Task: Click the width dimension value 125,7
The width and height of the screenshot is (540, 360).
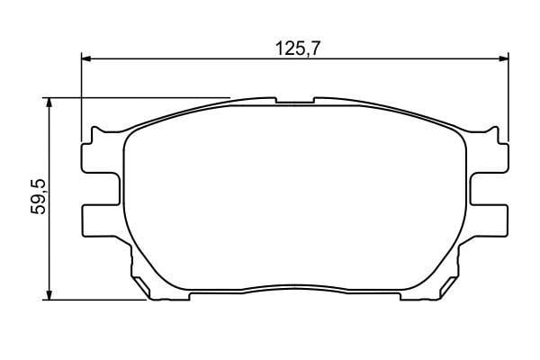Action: pos(298,49)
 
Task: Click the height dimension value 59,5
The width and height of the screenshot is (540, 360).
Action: pos(39,197)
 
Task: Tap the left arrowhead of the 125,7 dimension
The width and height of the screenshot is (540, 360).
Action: pos(86,58)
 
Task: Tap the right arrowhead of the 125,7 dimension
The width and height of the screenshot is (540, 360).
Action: pos(504,58)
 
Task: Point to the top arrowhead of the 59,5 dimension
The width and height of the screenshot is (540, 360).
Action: pos(49,103)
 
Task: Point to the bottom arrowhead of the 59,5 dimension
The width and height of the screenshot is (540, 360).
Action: pos(49,295)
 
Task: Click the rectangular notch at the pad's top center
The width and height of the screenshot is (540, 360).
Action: pos(295,100)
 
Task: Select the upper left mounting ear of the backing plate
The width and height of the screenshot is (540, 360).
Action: pos(101,157)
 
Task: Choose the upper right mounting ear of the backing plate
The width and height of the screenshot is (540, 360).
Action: pos(489,157)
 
